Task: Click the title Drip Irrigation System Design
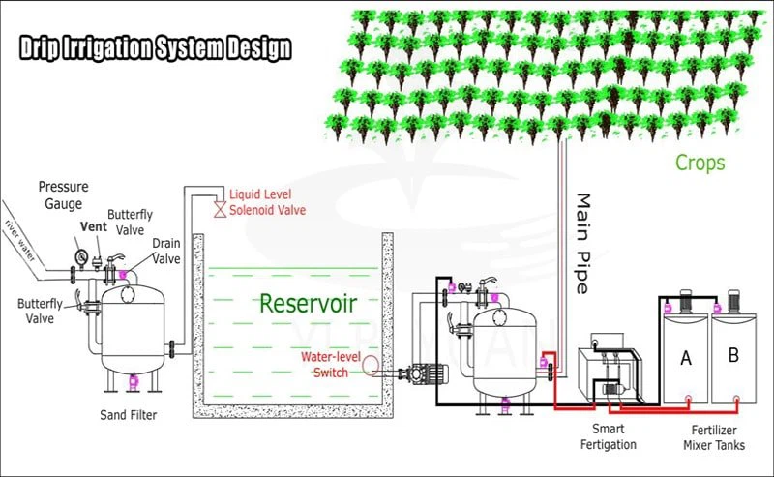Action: tap(155, 48)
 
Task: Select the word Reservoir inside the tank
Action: tap(308, 303)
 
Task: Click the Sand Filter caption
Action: tap(129, 415)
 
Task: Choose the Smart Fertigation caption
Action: tap(609, 436)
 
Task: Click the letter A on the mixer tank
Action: tap(686, 358)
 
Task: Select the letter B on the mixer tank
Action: tap(732, 355)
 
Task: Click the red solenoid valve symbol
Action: tap(220, 208)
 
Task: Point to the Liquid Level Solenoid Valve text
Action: tap(262, 203)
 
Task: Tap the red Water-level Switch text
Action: tap(331, 364)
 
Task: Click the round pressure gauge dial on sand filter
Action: tap(80, 257)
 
